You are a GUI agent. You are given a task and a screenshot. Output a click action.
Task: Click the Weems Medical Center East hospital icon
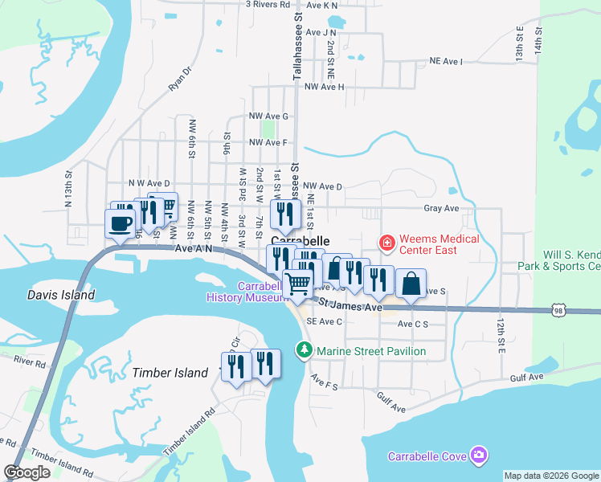pos(386,241)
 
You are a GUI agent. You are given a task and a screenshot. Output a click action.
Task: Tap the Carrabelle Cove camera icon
pos(479,456)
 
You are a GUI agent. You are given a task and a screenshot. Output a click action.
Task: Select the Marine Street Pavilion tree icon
pos(305,350)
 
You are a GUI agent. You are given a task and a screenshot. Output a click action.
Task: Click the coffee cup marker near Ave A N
pos(121,223)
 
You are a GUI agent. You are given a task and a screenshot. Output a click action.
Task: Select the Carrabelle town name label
pos(300,240)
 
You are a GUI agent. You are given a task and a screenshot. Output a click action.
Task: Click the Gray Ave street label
pos(441,208)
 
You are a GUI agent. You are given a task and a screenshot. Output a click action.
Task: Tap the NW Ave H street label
pos(324,87)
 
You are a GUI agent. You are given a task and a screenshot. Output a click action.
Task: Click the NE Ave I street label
pos(447,60)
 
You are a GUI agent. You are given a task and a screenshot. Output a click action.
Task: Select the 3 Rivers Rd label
pos(268,4)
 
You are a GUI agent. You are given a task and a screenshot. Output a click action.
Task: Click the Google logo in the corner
pos(27,472)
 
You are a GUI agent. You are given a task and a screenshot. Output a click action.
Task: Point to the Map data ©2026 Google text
pos(551,476)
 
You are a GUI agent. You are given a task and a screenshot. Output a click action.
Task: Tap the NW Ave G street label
pos(268,116)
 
